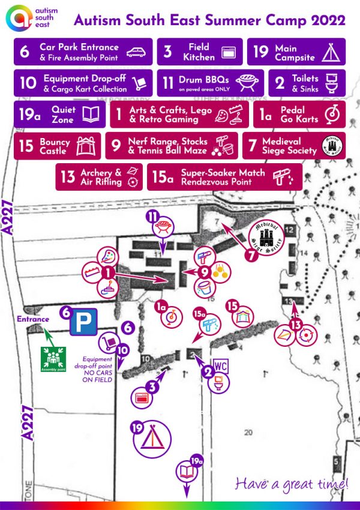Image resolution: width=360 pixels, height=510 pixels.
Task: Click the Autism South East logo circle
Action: click(19, 19)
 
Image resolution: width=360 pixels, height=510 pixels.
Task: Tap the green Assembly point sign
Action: click(52, 359)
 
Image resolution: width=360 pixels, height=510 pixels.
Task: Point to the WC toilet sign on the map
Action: click(220, 366)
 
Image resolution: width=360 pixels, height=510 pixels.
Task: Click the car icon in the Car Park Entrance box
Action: click(137, 52)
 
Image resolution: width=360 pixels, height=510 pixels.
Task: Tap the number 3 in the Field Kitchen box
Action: click(169, 52)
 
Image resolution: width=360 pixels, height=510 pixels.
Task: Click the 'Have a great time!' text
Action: click(292, 483)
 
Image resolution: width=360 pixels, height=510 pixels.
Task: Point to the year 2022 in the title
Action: click(326, 20)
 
